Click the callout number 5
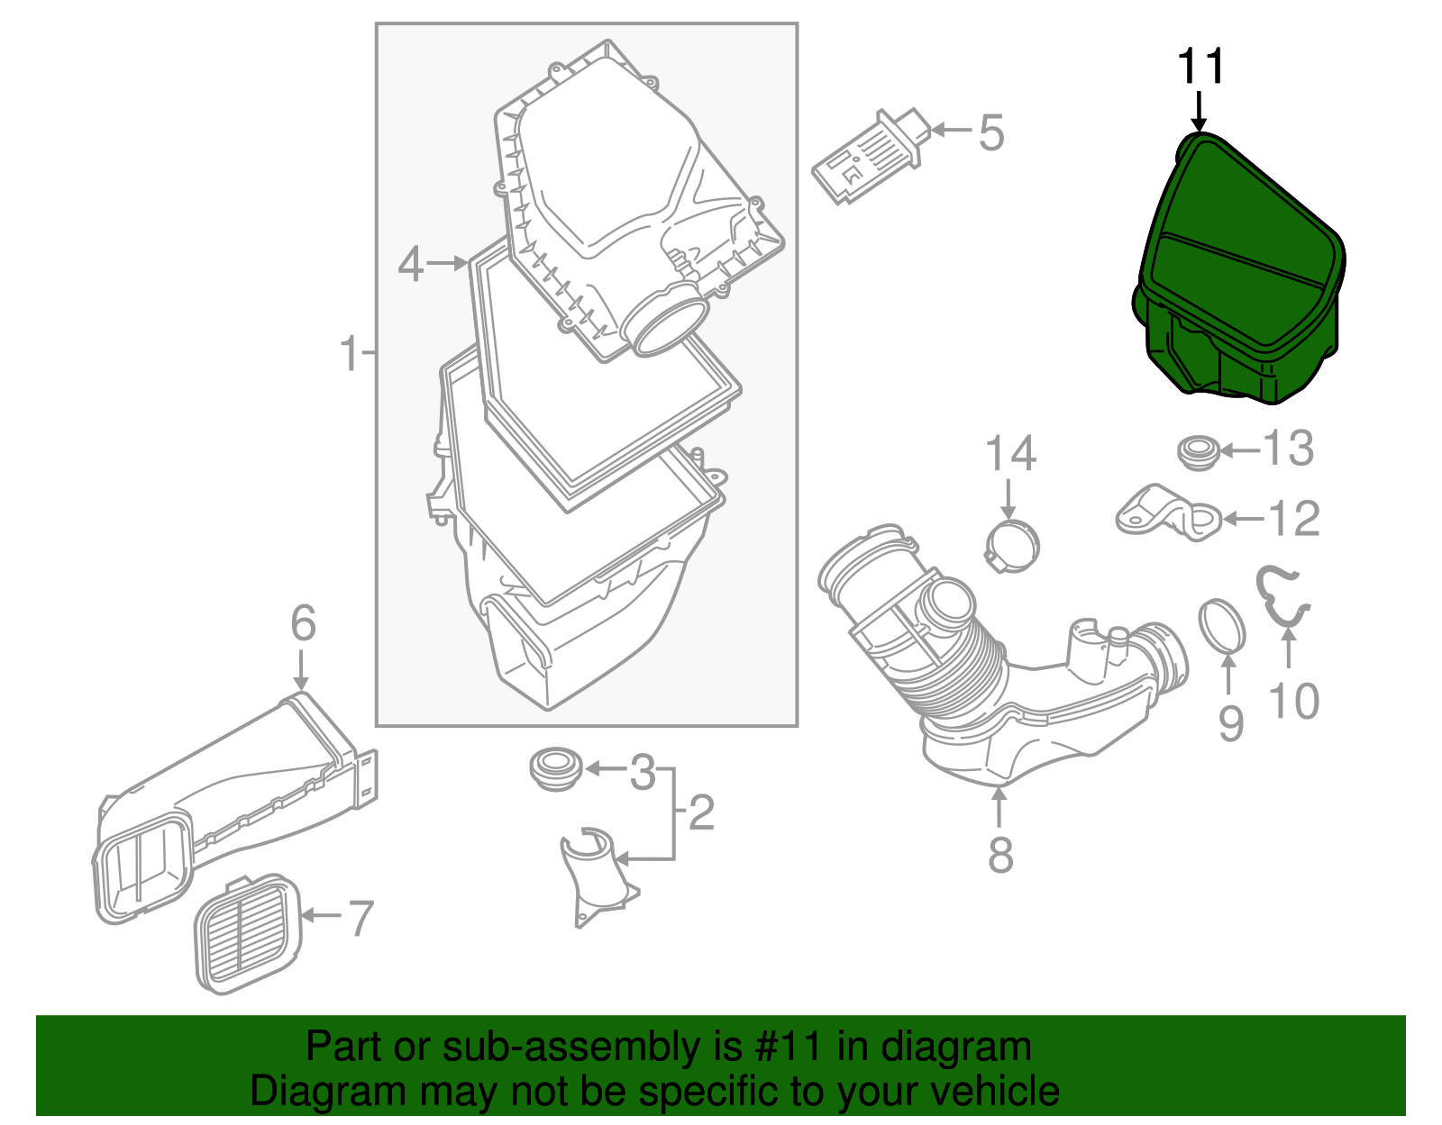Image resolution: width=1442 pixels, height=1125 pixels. pyautogui.click(x=991, y=132)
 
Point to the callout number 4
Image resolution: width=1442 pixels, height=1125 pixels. pyautogui.click(x=410, y=264)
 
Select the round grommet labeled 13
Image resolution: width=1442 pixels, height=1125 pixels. pyautogui.click(x=1199, y=450)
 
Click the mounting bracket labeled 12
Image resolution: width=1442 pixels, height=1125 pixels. pyautogui.click(x=1169, y=514)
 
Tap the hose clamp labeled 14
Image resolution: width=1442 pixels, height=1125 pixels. pyautogui.click(x=1012, y=546)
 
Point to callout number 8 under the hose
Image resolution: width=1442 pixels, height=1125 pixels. pyautogui.click(x=1000, y=853)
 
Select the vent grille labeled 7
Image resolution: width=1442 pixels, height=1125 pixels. pyautogui.click(x=246, y=934)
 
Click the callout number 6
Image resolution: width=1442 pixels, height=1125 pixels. pyautogui.click(x=303, y=623)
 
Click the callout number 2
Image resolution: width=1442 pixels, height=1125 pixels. pyautogui.click(x=701, y=812)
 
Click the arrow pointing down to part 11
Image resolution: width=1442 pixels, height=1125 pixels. pyautogui.click(x=1198, y=111)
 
